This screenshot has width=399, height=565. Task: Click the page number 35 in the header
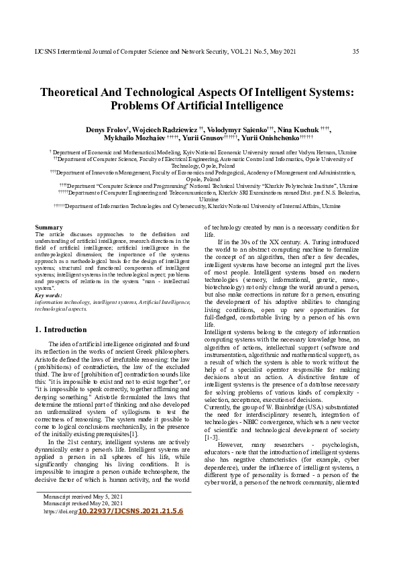point(355,52)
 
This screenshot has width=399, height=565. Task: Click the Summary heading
point(48,227)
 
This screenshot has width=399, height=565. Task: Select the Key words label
point(48,295)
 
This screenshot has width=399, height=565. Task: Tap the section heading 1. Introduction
point(60,330)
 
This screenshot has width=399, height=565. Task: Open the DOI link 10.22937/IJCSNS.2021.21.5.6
point(131,511)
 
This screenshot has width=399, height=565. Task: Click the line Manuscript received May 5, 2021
point(82,496)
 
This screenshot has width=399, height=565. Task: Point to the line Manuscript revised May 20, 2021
point(83,503)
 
